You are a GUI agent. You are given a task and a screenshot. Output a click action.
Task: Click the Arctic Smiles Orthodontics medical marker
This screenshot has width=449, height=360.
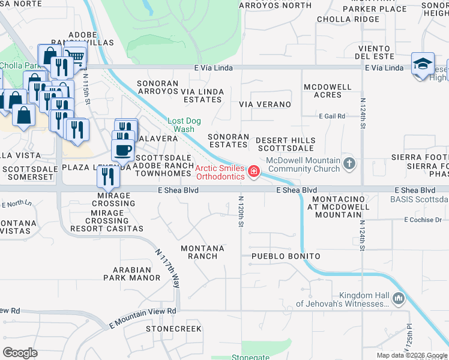pos(254,173)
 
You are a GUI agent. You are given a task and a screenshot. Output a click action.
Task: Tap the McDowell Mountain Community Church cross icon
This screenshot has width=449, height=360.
pos(350,163)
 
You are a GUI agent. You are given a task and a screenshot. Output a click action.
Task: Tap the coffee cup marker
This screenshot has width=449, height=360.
pos(122,150)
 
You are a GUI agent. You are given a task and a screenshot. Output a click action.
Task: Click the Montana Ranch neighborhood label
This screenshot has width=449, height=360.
pos(202,252)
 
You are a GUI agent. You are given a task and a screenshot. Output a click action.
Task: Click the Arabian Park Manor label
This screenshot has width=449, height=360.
pos(131,274)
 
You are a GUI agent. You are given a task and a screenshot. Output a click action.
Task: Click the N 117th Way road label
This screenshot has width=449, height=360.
pos(167,268)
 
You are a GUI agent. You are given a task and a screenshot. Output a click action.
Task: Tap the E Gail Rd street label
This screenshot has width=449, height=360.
pos(332,116)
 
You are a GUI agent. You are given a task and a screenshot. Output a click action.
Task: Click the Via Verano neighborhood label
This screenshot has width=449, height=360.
pos(265,104)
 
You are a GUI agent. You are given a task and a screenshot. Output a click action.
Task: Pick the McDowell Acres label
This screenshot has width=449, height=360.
pos(327,91)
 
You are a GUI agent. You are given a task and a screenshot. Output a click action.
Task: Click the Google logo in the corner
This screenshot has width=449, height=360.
pos(20,353)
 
